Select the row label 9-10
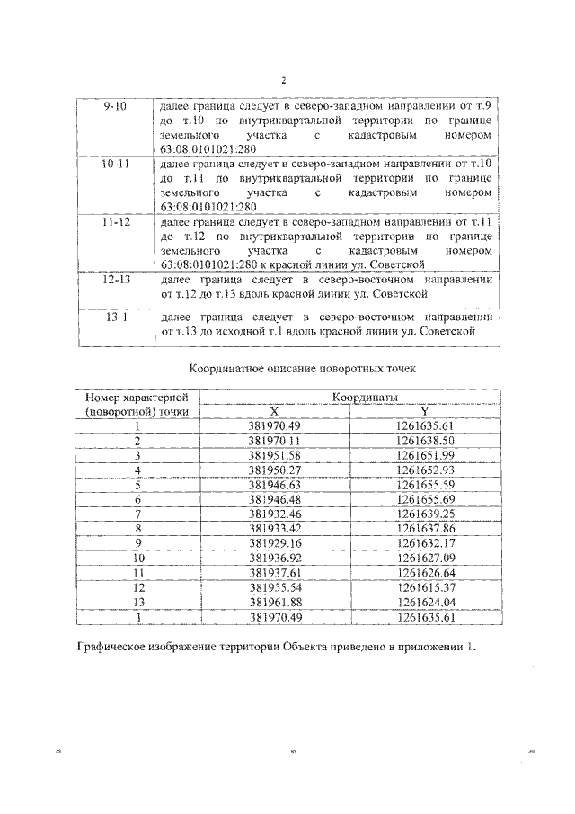[116, 107]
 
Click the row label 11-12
[116, 222]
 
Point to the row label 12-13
[116, 280]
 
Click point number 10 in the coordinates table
[138, 558]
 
